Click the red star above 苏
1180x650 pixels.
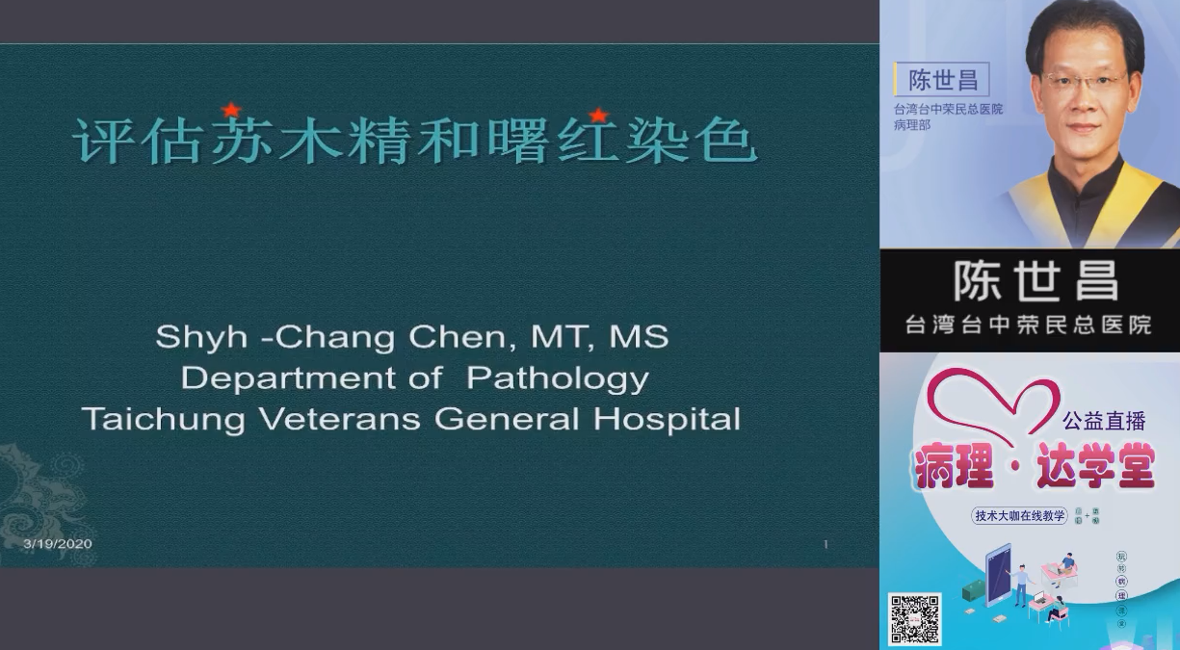click(x=231, y=110)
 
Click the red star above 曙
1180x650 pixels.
click(x=597, y=116)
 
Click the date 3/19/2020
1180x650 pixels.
click(x=58, y=544)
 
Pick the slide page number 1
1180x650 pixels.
click(x=826, y=545)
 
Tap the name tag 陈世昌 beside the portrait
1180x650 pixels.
click(x=943, y=80)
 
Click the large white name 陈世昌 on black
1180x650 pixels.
click(x=1036, y=281)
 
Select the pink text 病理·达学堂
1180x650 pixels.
click(x=1034, y=470)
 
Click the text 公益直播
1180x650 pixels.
click(x=1104, y=421)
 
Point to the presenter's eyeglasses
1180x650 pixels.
click(x=1085, y=82)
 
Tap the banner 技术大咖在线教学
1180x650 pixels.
click(x=1020, y=516)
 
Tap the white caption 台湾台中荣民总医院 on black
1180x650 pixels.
click(x=1029, y=325)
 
